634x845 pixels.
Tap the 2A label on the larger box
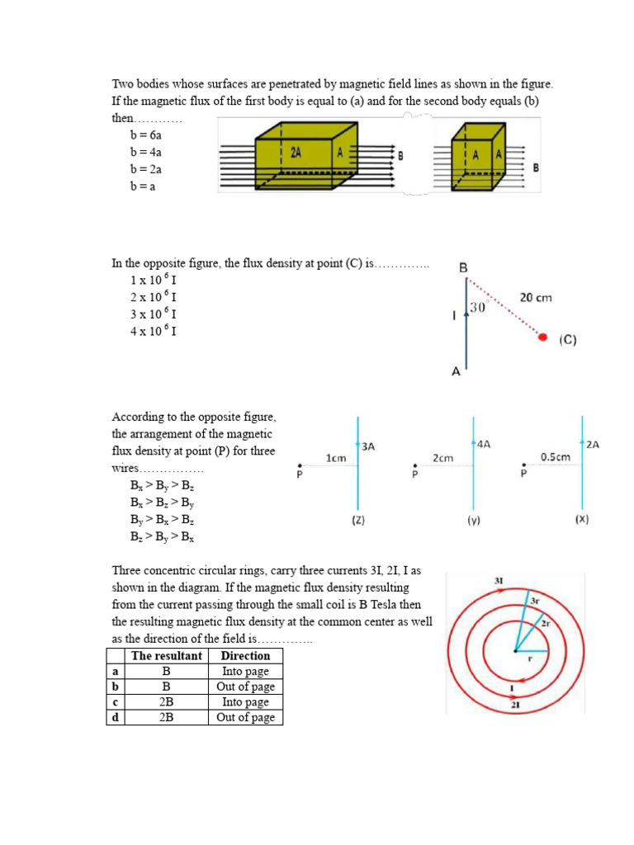(x=295, y=153)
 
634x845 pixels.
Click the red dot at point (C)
(x=542, y=338)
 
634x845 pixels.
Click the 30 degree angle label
(x=478, y=308)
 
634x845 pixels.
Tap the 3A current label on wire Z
(x=368, y=446)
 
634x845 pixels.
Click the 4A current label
(x=482, y=443)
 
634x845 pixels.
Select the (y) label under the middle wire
(x=473, y=521)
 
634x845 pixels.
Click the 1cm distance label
(x=335, y=457)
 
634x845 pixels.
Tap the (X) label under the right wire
(x=582, y=521)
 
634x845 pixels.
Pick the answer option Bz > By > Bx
(x=162, y=537)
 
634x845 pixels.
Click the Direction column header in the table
(x=245, y=655)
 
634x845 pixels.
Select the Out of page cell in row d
(x=245, y=717)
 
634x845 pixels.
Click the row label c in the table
(x=115, y=702)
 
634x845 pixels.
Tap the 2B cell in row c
(x=166, y=702)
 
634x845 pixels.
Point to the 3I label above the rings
(x=499, y=581)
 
